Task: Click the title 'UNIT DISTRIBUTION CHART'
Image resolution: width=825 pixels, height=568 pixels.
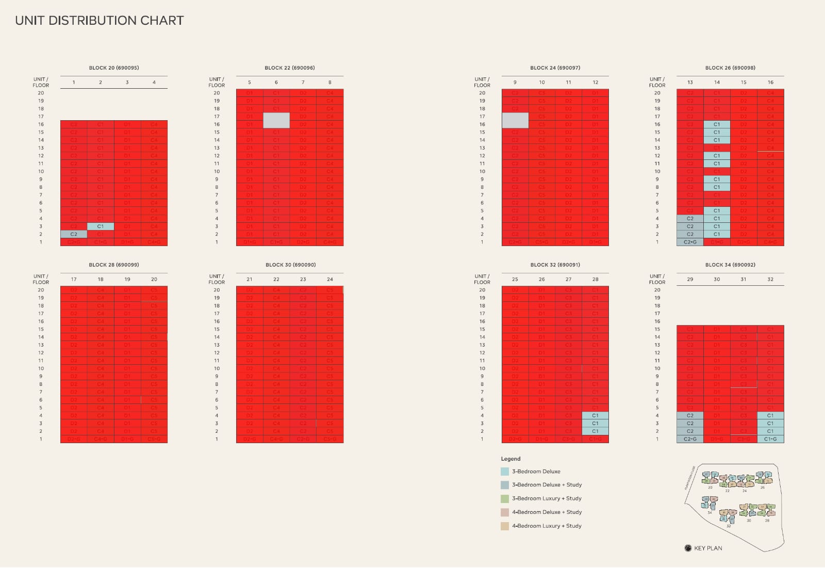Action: coord(100,21)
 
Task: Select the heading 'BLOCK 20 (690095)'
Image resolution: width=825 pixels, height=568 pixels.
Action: coord(114,68)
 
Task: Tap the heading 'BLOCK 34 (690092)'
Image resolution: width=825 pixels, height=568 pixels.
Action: coord(730,265)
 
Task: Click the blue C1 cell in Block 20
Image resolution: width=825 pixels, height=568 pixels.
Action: coord(101,226)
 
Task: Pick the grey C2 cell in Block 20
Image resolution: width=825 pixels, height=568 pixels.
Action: coord(74,234)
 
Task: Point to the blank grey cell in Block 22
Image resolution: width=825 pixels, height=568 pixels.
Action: coord(276,120)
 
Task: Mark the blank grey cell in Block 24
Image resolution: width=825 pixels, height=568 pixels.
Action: coord(515,120)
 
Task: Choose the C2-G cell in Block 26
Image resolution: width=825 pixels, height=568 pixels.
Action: coord(690,242)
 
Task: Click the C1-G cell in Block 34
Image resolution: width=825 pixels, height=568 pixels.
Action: coord(770,439)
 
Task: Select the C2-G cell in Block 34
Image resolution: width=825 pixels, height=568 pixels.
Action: coord(690,439)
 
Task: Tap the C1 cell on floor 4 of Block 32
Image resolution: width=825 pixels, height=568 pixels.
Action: coord(595,415)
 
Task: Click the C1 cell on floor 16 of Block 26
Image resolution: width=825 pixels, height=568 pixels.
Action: coord(717,124)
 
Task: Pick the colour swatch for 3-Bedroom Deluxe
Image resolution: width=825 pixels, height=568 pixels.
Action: coord(505,472)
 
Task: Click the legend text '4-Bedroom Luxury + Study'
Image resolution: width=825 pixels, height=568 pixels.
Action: coord(547,526)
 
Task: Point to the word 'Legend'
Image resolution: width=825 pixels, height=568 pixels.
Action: coord(510,459)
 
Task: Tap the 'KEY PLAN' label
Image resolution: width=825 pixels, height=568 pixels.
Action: coord(708,548)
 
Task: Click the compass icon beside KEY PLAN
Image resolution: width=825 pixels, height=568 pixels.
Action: coord(688,548)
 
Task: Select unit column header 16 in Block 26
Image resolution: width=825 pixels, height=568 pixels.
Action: coord(770,83)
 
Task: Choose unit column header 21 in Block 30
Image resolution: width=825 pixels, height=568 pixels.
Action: coord(250,279)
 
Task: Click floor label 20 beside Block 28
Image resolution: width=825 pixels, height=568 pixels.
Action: coord(41,290)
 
